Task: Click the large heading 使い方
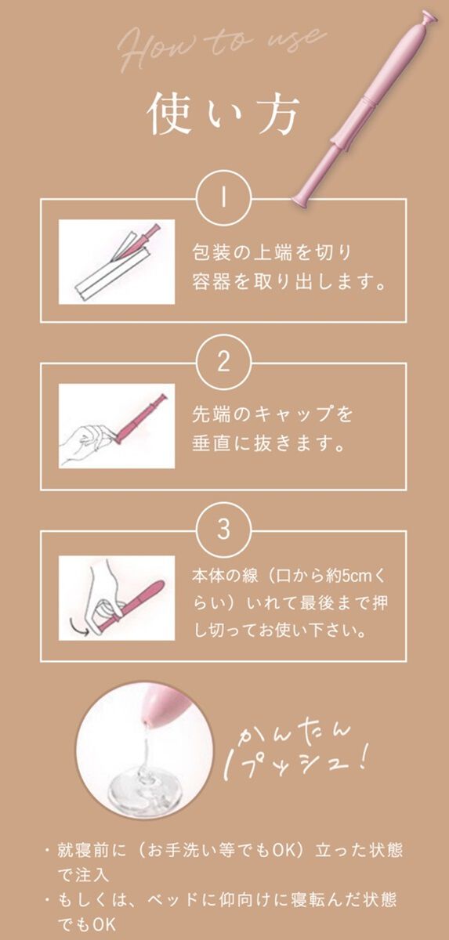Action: [223, 117]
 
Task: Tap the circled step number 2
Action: [224, 362]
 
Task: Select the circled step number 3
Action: [224, 530]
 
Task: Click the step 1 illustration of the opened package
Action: [117, 262]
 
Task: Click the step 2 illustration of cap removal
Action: [117, 426]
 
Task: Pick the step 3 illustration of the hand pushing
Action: [117, 597]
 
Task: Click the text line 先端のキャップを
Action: [272, 414]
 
